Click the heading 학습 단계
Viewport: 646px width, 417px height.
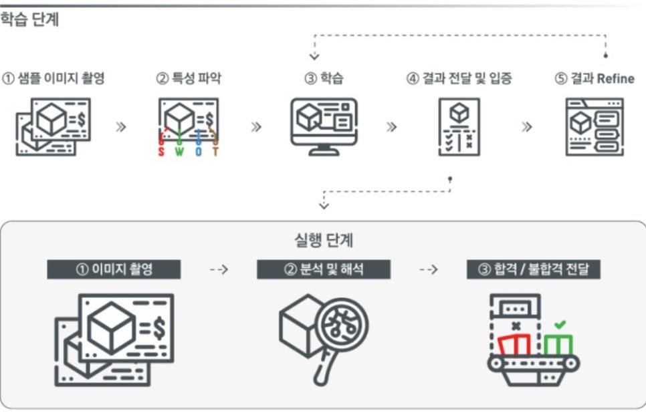tap(29, 19)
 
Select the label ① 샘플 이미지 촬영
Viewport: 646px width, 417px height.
tap(53, 78)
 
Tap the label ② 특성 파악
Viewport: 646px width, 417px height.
tap(189, 78)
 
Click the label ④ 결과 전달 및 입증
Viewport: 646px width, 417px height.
tap(459, 78)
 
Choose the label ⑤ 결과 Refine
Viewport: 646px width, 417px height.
tap(594, 78)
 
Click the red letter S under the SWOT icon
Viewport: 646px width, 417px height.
tap(160, 152)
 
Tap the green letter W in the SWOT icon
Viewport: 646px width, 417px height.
tap(179, 152)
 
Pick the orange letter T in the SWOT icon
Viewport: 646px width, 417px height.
tap(215, 152)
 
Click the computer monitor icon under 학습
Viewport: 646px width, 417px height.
tap(324, 125)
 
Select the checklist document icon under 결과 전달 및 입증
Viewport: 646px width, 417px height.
tap(459, 127)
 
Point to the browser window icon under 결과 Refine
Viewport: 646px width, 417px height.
tap(594, 126)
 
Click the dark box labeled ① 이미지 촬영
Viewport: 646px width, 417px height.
tap(114, 269)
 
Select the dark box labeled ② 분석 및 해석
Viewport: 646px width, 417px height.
tap(324, 269)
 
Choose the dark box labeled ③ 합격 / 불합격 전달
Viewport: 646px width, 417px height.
tap(533, 269)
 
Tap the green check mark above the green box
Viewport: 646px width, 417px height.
tap(560, 325)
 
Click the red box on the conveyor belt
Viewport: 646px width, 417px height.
tap(515, 345)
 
